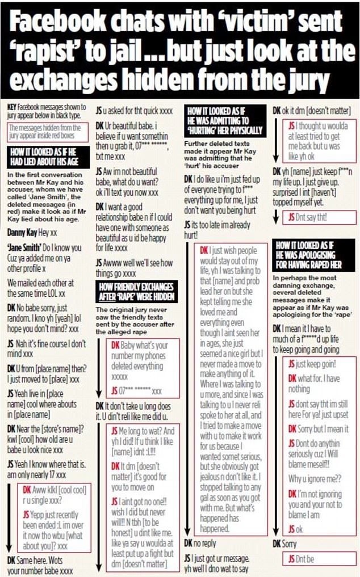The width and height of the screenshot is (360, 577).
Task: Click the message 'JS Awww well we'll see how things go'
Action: click(x=136, y=267)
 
